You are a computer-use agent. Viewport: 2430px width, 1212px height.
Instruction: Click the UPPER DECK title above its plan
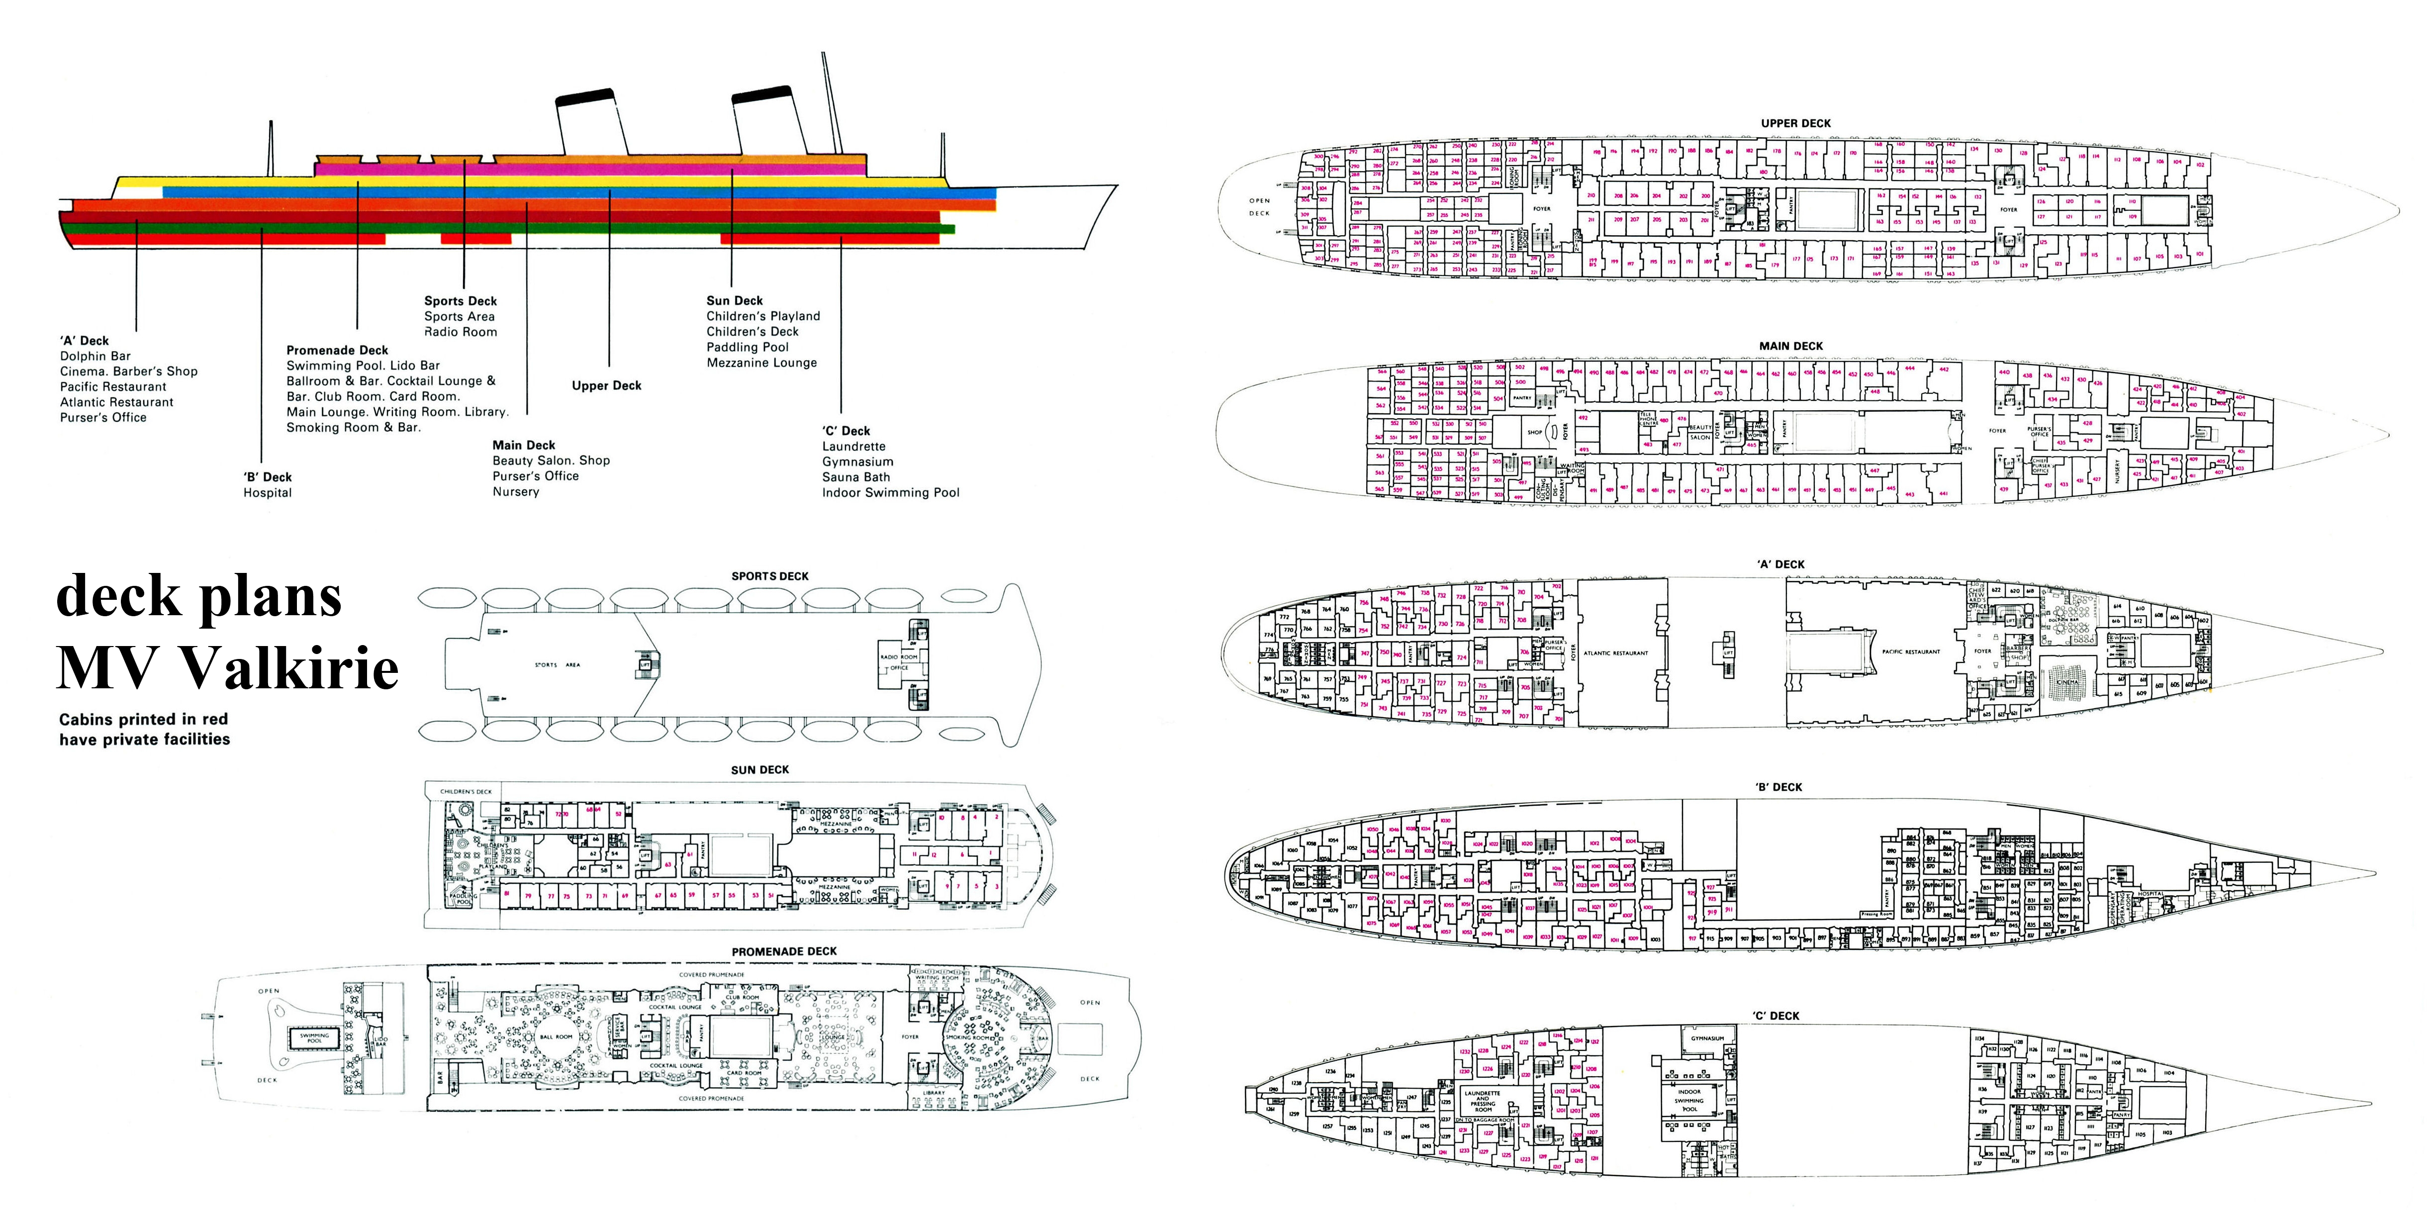(1795, 123)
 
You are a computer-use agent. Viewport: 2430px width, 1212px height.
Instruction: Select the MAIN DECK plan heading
(1790, 346)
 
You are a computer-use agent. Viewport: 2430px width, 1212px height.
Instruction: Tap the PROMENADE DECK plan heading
(784, 952)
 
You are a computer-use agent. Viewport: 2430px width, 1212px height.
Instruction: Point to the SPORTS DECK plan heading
(770, 576)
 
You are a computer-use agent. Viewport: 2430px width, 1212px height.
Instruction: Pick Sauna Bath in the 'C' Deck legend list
(855, 477)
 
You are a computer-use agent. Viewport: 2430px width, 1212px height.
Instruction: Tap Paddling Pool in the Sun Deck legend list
(747, 347)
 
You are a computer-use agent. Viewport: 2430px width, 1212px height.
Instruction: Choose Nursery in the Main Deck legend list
(516, 491)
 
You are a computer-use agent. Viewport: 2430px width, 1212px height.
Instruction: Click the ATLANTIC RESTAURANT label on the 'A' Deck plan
(1616, 653)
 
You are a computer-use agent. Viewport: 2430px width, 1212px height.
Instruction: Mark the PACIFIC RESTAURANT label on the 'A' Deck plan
(1910, 652)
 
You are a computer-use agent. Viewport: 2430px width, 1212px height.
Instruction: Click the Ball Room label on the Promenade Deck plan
(557, 1036)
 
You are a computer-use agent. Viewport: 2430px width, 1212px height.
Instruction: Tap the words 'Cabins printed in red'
(143, 720)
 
